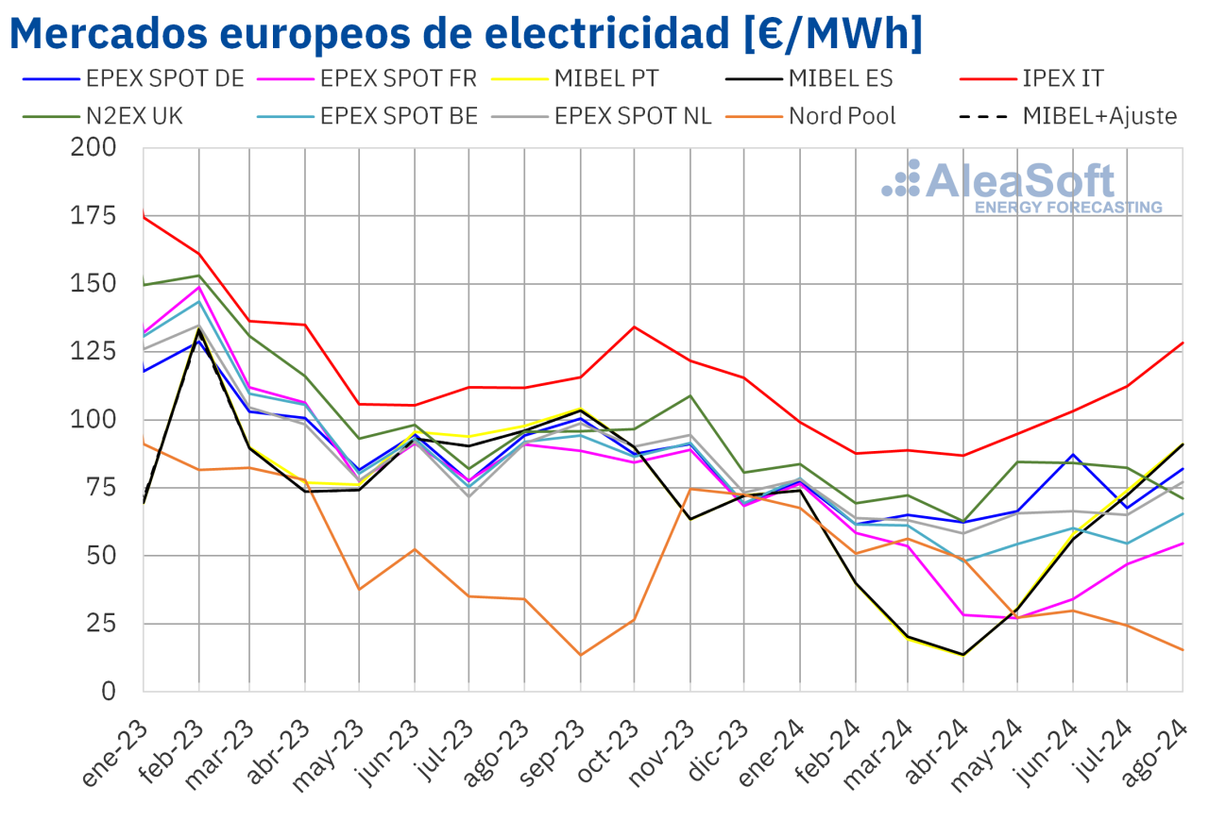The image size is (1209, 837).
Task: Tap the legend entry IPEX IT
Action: (x=1063, y=77)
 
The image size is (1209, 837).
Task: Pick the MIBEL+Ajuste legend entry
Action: (x=1098, y=116)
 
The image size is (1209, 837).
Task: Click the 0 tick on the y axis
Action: (x=109, y=691)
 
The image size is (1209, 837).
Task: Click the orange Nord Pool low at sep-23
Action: (x=581, y=655)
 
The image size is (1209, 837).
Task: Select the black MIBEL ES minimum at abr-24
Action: (x=963, y=654)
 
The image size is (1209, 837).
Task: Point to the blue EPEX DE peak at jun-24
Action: (x=1073, y=455)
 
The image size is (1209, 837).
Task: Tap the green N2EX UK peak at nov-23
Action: (x=690, y=395)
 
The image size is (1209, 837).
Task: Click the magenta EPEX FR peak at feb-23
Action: (x=198, y=286)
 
